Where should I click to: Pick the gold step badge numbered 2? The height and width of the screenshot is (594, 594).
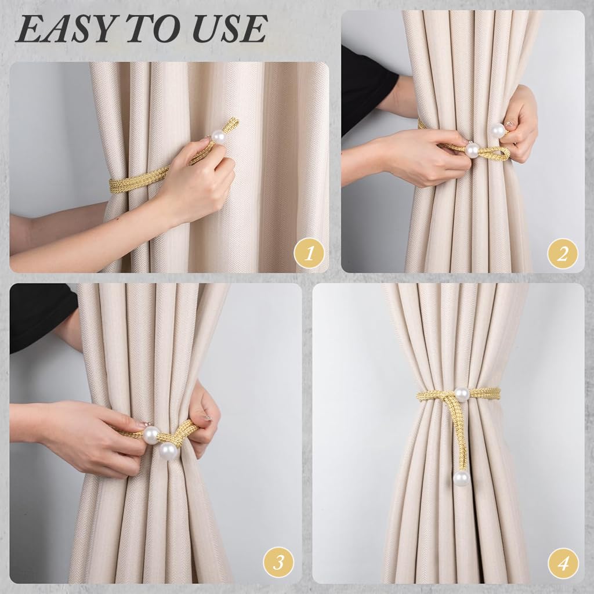coord(563,253)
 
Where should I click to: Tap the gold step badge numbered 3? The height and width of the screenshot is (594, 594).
coord(278,562)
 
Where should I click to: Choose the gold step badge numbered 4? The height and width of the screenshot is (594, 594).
coord(563,562)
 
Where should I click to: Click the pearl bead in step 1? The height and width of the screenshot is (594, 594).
coord(219,137)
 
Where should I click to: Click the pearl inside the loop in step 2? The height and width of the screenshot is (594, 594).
coord(472,150)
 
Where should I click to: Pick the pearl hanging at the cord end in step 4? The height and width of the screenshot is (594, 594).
coord(461,478)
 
